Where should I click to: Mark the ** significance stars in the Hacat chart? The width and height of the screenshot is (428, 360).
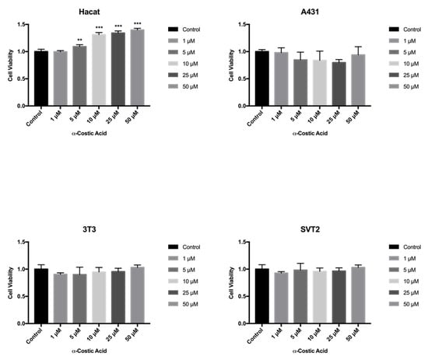(x=79, y=40)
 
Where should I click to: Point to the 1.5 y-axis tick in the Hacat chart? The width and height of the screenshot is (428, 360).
(x=21, y=24)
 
